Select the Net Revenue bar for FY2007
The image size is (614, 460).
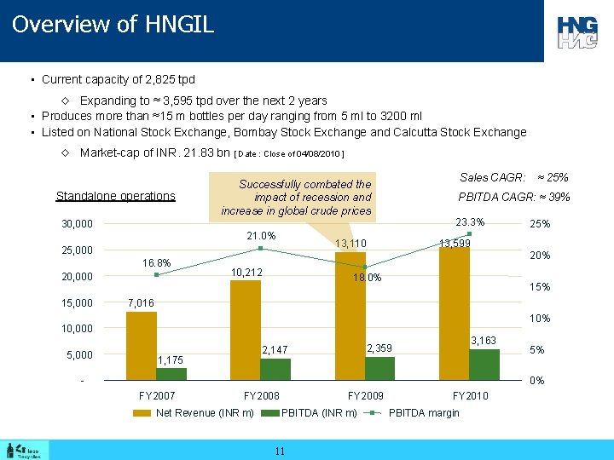pyautogui.click(x=142, y=346)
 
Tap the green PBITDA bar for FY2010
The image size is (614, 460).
pyautogui.click(x=484, y=365)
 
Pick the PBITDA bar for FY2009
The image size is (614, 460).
pyautogui.click(x=380, y=368)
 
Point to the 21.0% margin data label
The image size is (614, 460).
pyautogui.click(x=260, y=236)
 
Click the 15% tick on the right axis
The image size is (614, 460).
pyautogui.click(x=540, y=287)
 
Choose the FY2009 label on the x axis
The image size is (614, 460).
pyautogui.click(x=365, y=396)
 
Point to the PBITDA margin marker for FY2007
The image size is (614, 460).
pyautogui.click(x=157, y=274)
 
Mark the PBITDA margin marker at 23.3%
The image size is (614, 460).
pyautogui.click(x=469, y=233)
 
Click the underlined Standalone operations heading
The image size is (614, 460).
pyautogui.click(x=115, y=196)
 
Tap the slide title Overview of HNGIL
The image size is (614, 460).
pyautogui.click(x=113, y=24)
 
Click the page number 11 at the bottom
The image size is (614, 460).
pyautogui.click(x=280, y=451)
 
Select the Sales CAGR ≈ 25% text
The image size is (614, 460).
pyautogui.click(x=513, y=178)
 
